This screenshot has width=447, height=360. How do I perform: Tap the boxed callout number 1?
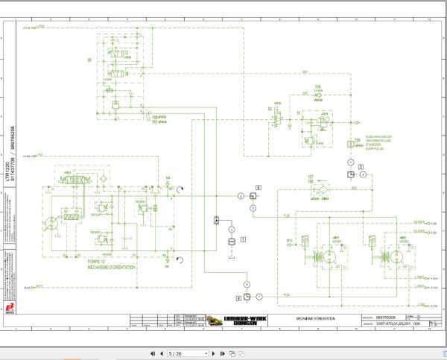pos(242,238)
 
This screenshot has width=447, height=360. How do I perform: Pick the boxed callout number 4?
pos(238,297)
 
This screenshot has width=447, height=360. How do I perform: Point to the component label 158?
pos(317,87)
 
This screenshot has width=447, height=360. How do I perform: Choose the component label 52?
pos(270,109)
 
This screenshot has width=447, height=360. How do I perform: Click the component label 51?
pos(299,113)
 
